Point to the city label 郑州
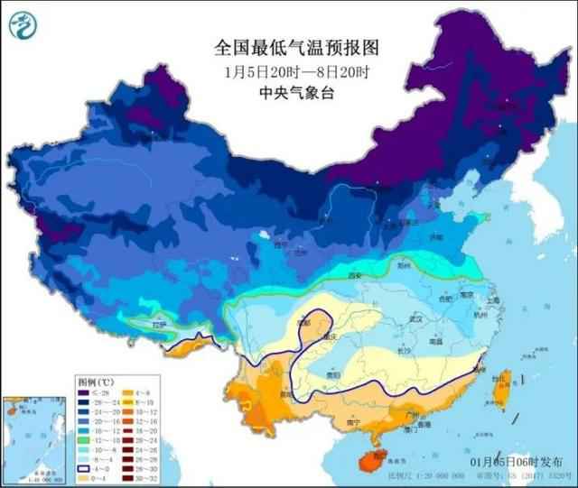click(x=403, y=267)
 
